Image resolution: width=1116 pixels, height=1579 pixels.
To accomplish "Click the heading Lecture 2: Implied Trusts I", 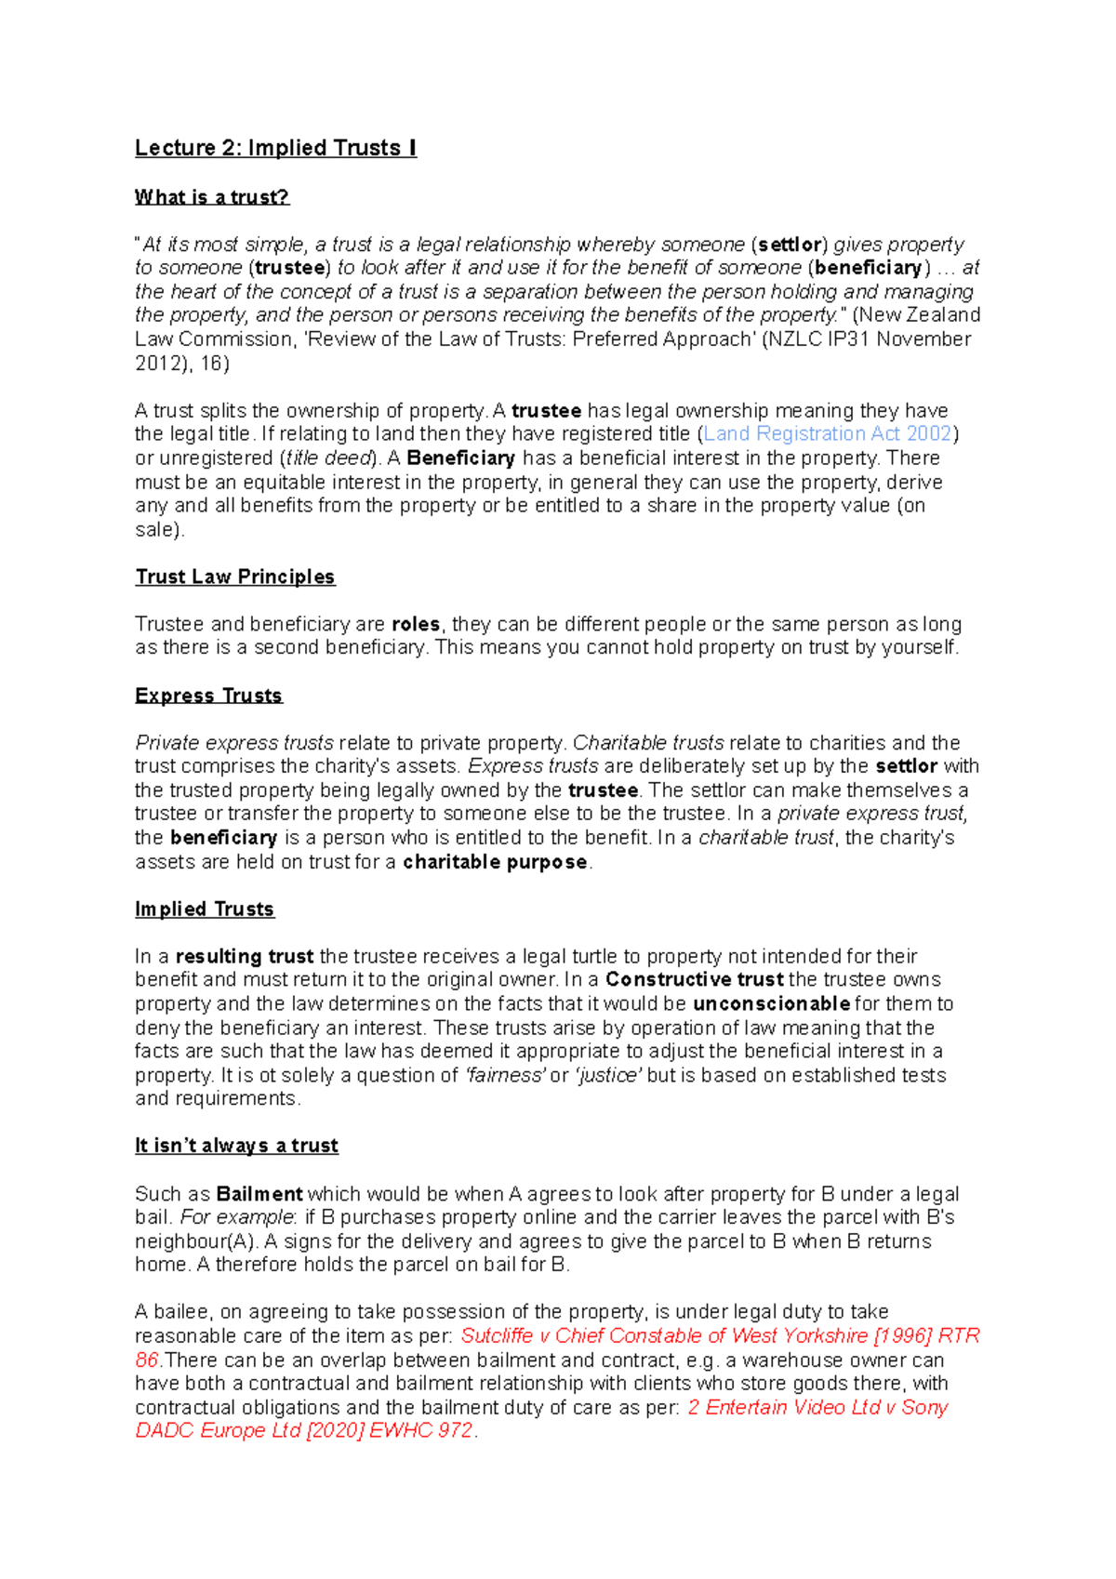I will coord(275,148).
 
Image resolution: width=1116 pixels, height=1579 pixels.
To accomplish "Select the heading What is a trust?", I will coord(212,197).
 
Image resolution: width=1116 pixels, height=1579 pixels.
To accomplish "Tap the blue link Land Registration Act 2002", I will coord(828,434).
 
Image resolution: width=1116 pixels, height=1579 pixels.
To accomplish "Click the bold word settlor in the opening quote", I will coord(789,245).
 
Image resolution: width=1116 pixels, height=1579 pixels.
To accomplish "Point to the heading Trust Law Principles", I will coord(234,577).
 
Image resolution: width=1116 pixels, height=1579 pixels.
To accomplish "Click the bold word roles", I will coord(415,624).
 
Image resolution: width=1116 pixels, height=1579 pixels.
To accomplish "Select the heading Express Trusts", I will coord(208,696).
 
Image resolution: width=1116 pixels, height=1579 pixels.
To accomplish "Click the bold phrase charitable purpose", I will coord(495,862).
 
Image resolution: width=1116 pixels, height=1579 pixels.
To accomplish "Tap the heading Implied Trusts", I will coord(205,909).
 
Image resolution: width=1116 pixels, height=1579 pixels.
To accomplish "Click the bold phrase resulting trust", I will coord(245,956).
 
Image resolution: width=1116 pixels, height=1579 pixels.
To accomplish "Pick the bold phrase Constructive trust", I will coord(694,980).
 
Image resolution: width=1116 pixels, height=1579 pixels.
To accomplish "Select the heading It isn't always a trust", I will coord(236,1146).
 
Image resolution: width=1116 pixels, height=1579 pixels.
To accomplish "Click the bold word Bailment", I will coord(259,1194).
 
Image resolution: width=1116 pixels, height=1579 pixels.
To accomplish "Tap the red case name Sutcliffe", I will coord(497,1336).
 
